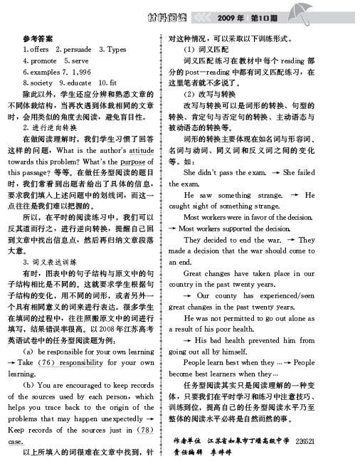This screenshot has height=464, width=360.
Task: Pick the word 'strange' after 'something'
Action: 280,194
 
